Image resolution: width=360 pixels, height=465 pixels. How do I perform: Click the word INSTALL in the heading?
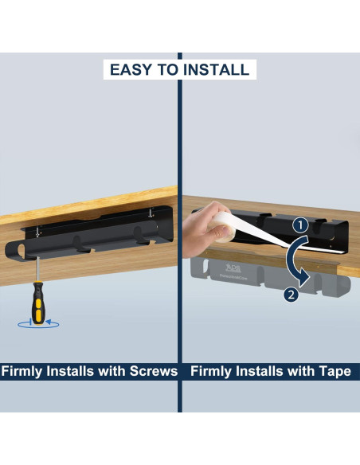coord(216,70)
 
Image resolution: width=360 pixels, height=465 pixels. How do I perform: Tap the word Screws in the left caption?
coord(154,371)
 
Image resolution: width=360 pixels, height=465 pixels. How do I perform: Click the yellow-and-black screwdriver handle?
coord(38,303)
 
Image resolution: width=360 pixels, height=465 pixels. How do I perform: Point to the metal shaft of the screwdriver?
coord(37,269)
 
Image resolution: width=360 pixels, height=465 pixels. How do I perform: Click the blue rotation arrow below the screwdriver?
coord(38,324)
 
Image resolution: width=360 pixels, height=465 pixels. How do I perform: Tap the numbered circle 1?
coord(301,225)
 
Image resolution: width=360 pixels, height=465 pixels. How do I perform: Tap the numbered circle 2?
coord(291,295)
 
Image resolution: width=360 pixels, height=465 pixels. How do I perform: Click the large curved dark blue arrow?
coord(292,261)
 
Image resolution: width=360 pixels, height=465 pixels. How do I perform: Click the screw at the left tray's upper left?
coord(37,232)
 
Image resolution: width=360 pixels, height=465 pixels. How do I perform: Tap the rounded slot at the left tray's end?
coord(22,251)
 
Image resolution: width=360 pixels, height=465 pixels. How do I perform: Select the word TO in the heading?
coord(168,70)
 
